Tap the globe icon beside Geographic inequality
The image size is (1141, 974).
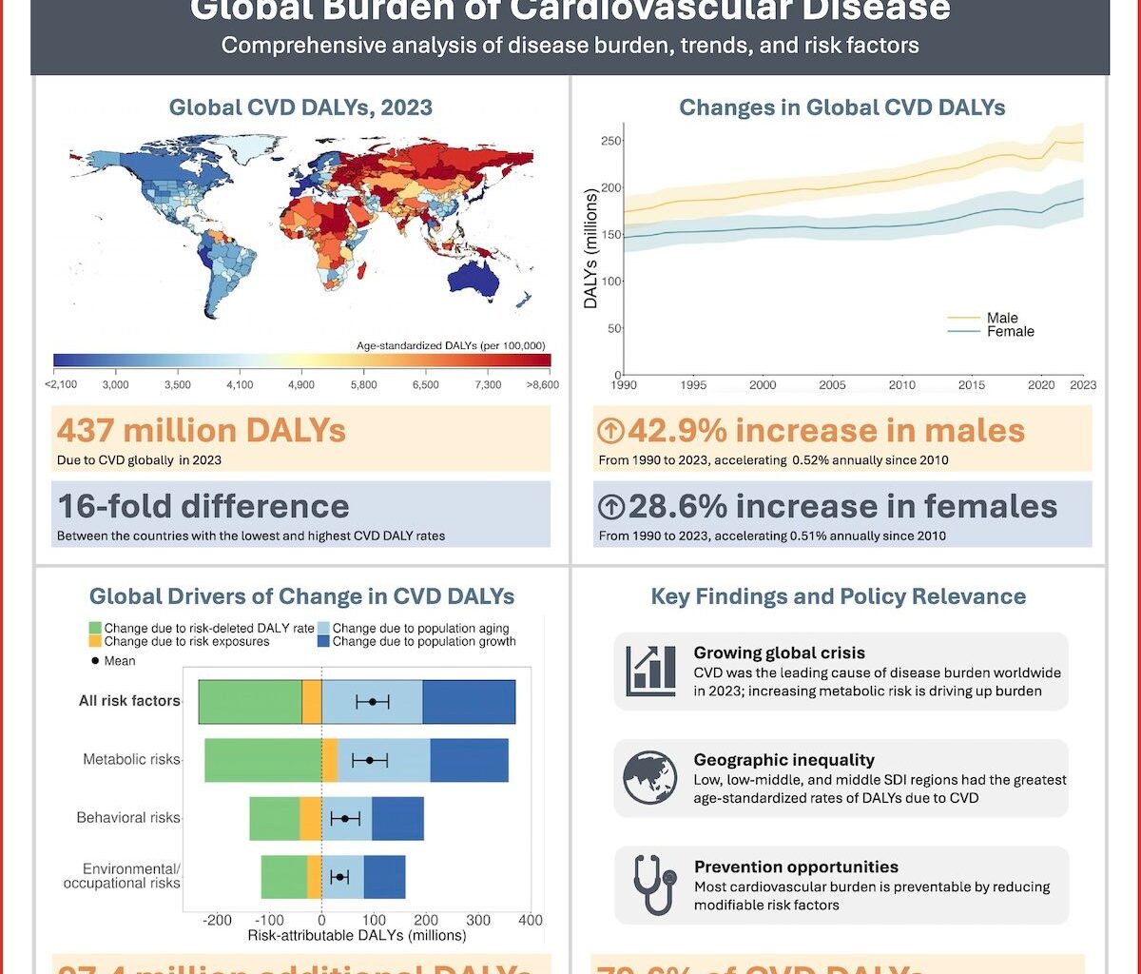[650, 777]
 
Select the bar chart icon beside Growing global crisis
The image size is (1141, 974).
[651, 671]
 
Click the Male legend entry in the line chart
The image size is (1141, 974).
[1002, 319]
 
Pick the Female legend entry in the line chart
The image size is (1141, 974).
[1010, 332]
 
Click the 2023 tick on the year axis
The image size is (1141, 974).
[1082, 385]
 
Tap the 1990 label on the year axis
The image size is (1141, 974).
[625, 385]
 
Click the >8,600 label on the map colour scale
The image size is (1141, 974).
[541, 384]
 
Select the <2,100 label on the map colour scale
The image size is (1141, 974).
[63, 384]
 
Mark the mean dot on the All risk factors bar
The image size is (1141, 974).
[373, 702]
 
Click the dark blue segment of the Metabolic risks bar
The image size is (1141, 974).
[469, 760]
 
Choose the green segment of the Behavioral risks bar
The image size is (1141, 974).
[274, 818]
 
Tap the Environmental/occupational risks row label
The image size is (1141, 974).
[122, 876]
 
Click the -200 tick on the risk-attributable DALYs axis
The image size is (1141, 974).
[218, 921]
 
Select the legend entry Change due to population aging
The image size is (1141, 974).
[420, 629]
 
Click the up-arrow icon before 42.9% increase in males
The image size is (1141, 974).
[611, 432]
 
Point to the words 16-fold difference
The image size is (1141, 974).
[203, 505]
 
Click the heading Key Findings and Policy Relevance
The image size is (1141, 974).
[838, 597]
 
